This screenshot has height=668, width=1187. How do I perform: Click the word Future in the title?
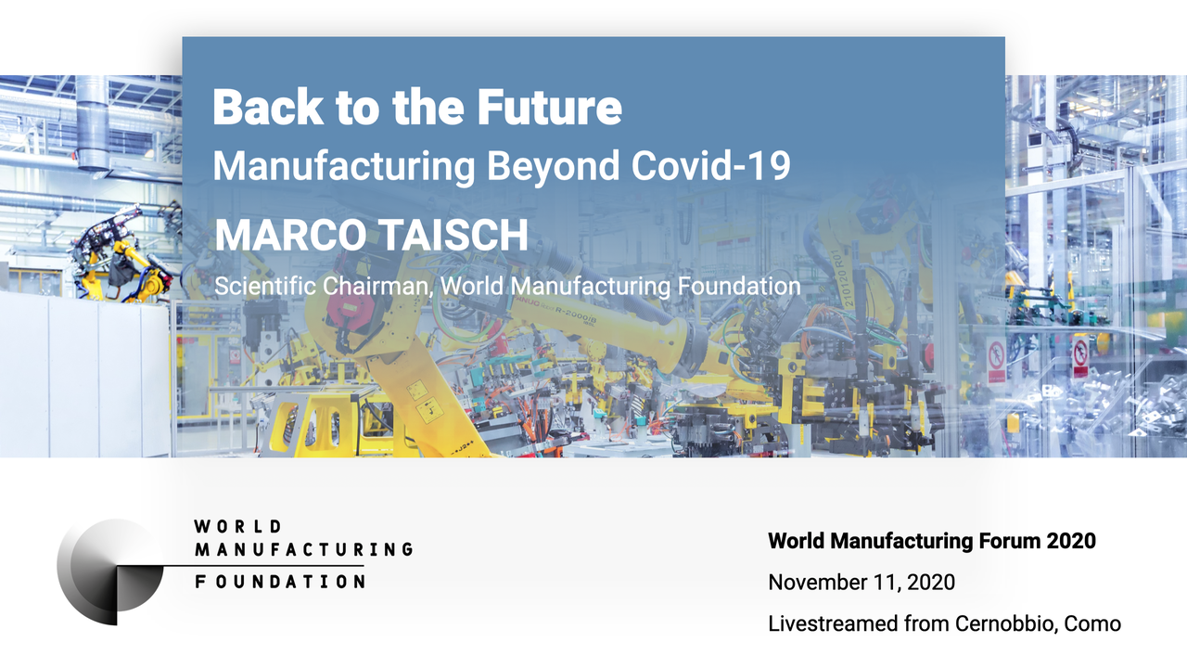tap(550, 107)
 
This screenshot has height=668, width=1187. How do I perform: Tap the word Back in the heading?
tap(268, 107)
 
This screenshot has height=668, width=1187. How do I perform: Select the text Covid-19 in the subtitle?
tap(710, 166)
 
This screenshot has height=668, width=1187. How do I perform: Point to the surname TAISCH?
tap(453, 235)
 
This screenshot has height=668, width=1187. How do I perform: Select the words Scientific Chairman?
tap(323, 287)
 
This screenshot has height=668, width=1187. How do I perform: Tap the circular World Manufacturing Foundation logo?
tap(110, 572)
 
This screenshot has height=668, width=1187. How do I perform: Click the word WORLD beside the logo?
tap(237, 526)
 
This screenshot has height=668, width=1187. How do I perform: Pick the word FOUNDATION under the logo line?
tap(280, 582)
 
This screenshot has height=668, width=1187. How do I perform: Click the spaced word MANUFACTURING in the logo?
tap(303, 550)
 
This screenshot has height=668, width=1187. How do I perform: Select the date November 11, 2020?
tap(862, 583)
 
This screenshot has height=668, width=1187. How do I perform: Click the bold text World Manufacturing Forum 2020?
tap(932, 541)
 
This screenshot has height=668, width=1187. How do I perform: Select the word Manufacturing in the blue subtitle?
tap(344, 166)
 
